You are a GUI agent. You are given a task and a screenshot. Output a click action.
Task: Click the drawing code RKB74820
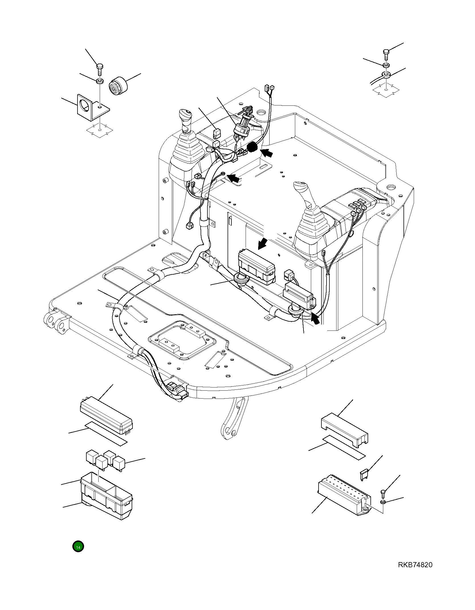(x=415, y=565)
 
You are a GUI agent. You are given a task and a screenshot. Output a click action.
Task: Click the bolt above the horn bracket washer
(x=99, y=69)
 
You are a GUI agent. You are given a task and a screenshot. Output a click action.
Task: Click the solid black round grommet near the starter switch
(x=252, y=148)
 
